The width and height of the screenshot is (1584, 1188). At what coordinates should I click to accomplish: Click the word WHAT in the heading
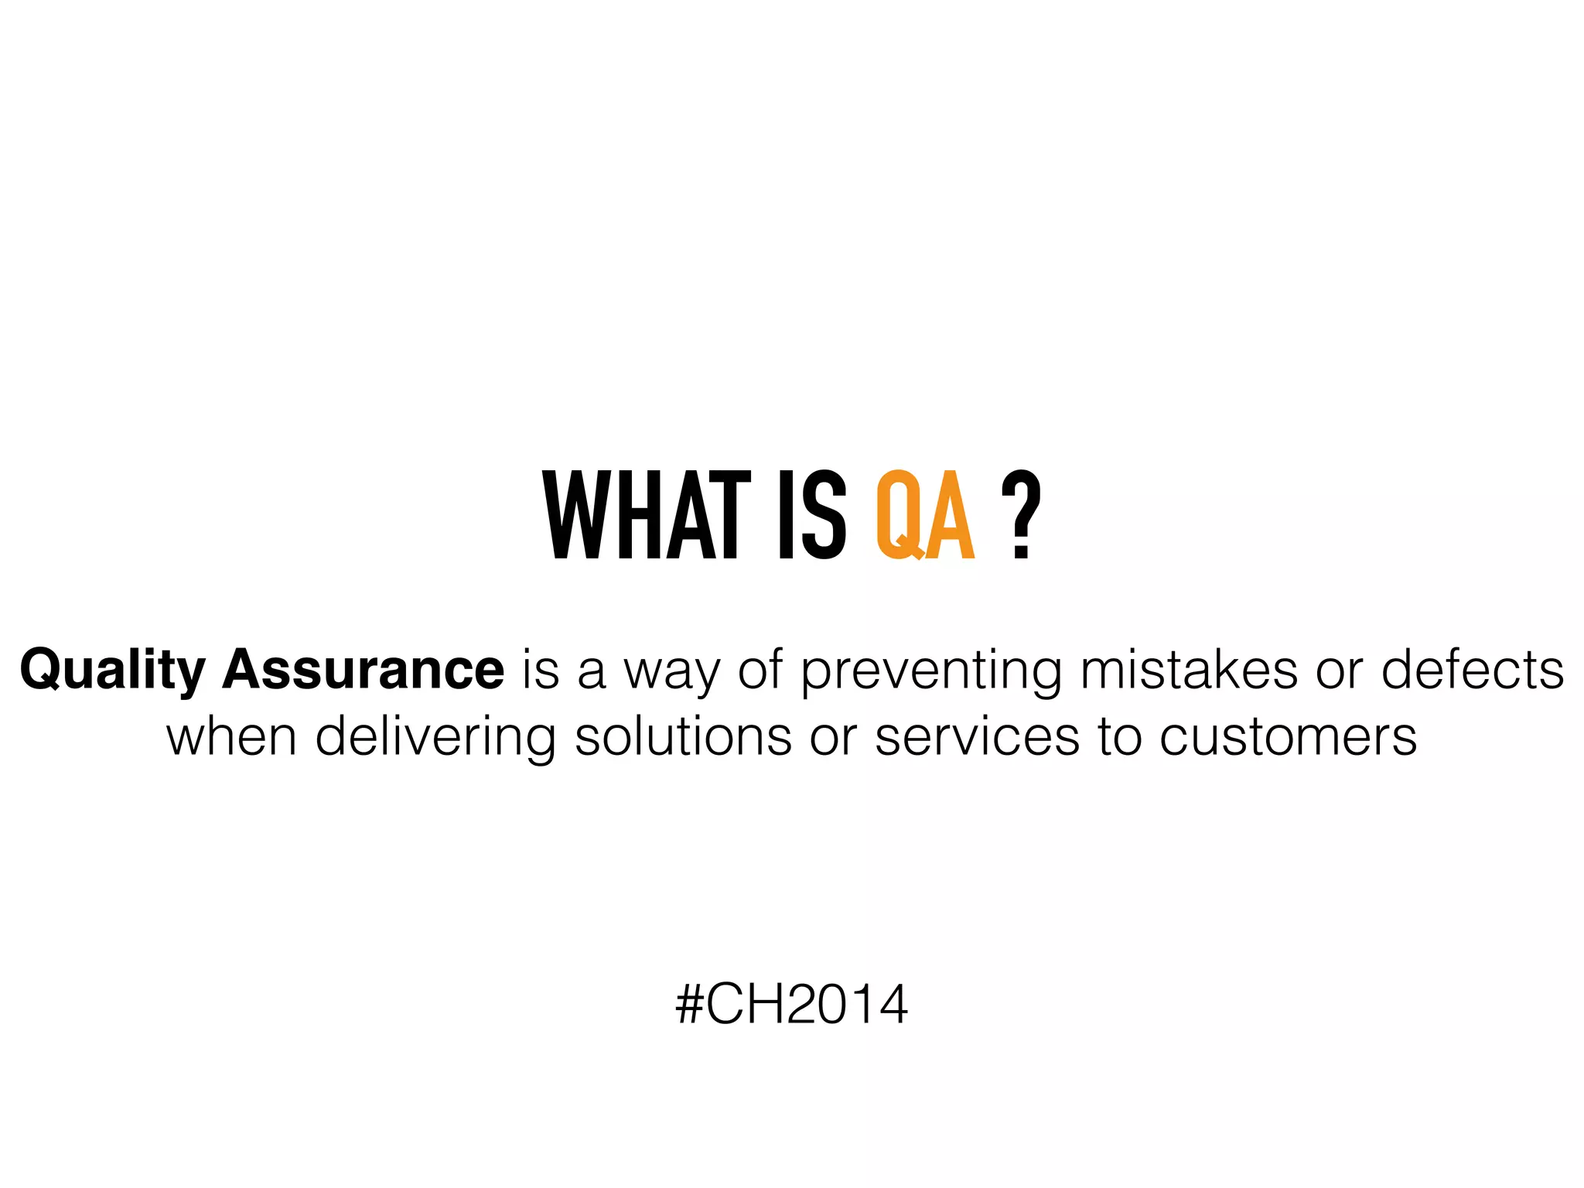click(x=647, y=515)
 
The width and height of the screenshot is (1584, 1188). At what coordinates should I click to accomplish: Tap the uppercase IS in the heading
click(x=812, y=515)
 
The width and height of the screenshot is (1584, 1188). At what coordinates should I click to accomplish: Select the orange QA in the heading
click(x=925, y=515)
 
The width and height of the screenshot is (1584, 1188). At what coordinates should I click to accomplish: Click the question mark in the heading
click(x=1021, y=515)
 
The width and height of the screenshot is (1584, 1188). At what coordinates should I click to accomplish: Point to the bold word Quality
click(x=113, y=671)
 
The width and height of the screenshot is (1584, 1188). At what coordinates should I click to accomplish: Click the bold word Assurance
click(x=363, y=669)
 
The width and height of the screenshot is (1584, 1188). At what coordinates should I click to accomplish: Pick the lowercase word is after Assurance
click(x=541, y=669)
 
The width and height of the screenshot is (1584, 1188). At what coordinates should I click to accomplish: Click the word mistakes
click(x=1189, y=669)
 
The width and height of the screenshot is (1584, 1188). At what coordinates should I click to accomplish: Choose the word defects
click(x=1473, y=669)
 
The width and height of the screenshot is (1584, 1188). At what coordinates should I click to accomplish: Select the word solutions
click(x=683, y=736)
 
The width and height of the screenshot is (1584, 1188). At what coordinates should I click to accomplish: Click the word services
click(x=977, y=736)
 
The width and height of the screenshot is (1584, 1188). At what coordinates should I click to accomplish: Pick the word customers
click(x=1288, y=736)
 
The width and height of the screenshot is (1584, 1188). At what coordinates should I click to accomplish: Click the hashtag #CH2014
click(x=791, y=1005)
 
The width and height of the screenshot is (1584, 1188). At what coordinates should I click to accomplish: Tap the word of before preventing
click(x=760, y=669)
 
